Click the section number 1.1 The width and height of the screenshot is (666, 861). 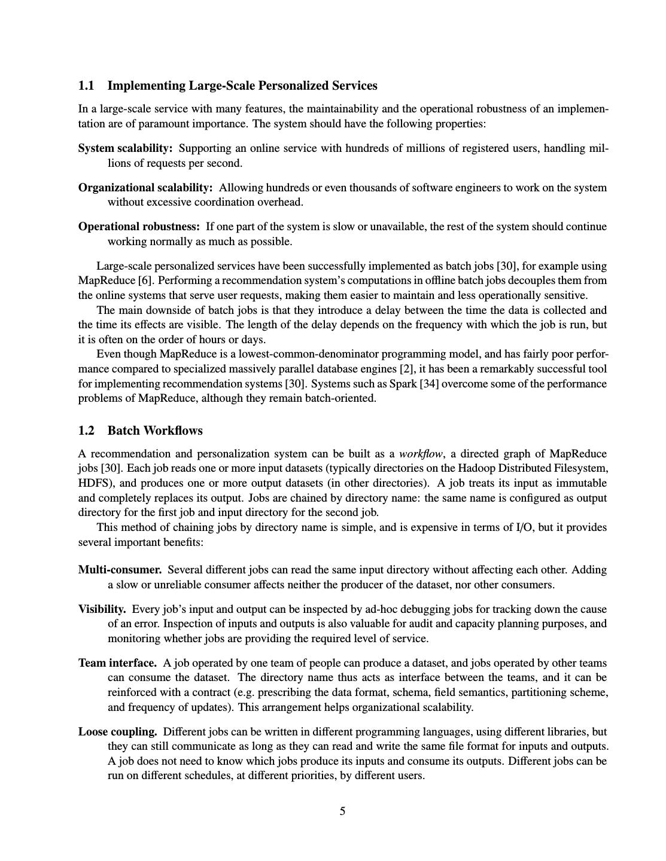86,86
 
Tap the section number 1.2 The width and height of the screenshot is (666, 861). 86,431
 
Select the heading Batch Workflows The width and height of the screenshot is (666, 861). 155,431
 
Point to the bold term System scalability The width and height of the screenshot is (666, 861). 126,148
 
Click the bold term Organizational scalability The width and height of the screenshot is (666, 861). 145,188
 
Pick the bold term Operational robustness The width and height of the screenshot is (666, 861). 139,227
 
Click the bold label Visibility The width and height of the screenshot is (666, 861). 102,609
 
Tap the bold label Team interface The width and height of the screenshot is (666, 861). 117,663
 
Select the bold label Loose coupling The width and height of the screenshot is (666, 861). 117,732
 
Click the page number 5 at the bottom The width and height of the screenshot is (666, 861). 342,811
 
